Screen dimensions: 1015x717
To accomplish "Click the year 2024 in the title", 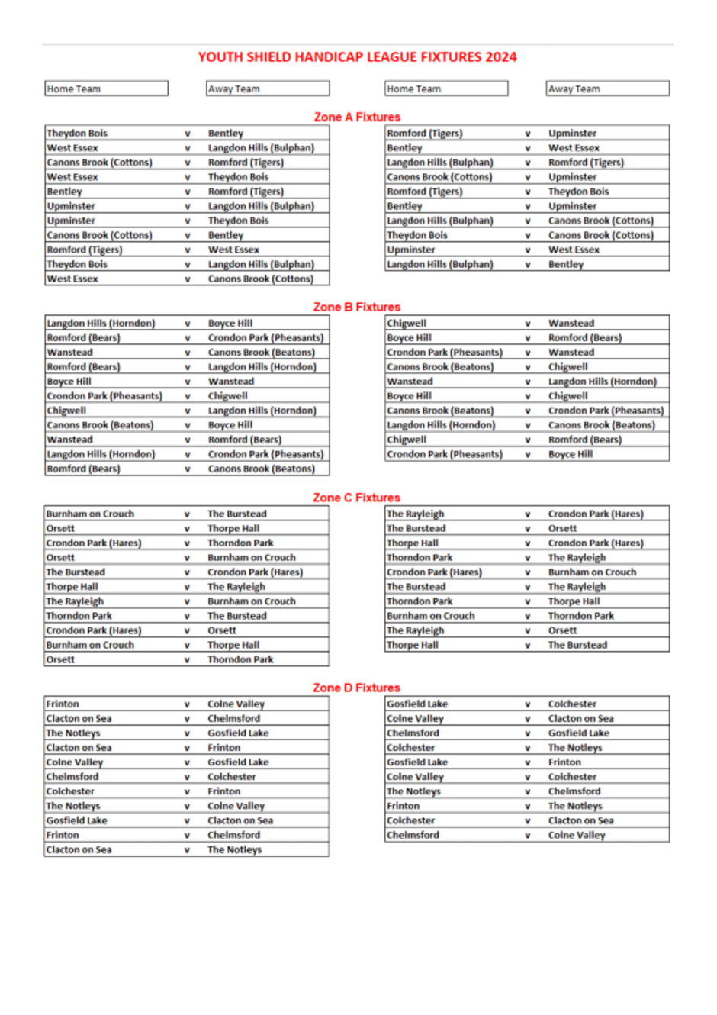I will [501, 57].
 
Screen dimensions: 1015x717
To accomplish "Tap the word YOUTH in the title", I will [217, 57].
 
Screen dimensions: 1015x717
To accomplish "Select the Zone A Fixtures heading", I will [357, 117].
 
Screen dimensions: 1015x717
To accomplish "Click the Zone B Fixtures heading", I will [357, 307].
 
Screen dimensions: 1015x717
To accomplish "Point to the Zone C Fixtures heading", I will [357, 498].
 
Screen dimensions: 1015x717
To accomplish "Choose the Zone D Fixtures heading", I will [357, 688].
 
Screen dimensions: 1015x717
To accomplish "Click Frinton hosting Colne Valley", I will [63, 704].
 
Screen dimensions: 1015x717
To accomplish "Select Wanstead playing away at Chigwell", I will [571, 324].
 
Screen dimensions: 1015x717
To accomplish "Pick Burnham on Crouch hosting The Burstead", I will [90, 514].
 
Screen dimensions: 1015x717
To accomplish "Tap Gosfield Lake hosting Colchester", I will [417, 704].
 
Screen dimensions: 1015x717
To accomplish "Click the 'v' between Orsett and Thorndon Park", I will [187, 660].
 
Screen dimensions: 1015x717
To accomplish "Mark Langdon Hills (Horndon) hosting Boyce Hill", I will [101, 324].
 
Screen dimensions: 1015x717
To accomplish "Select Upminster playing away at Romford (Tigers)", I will [572, 134].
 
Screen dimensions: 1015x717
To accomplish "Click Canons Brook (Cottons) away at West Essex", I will [260, 279].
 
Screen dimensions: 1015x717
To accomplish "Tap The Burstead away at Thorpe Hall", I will [577, 646].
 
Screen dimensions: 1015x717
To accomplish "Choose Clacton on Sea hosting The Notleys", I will [79, 850].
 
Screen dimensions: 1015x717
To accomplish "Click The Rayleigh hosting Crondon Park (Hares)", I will [415, 514].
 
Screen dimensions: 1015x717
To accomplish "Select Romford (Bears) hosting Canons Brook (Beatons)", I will [83, 469].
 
